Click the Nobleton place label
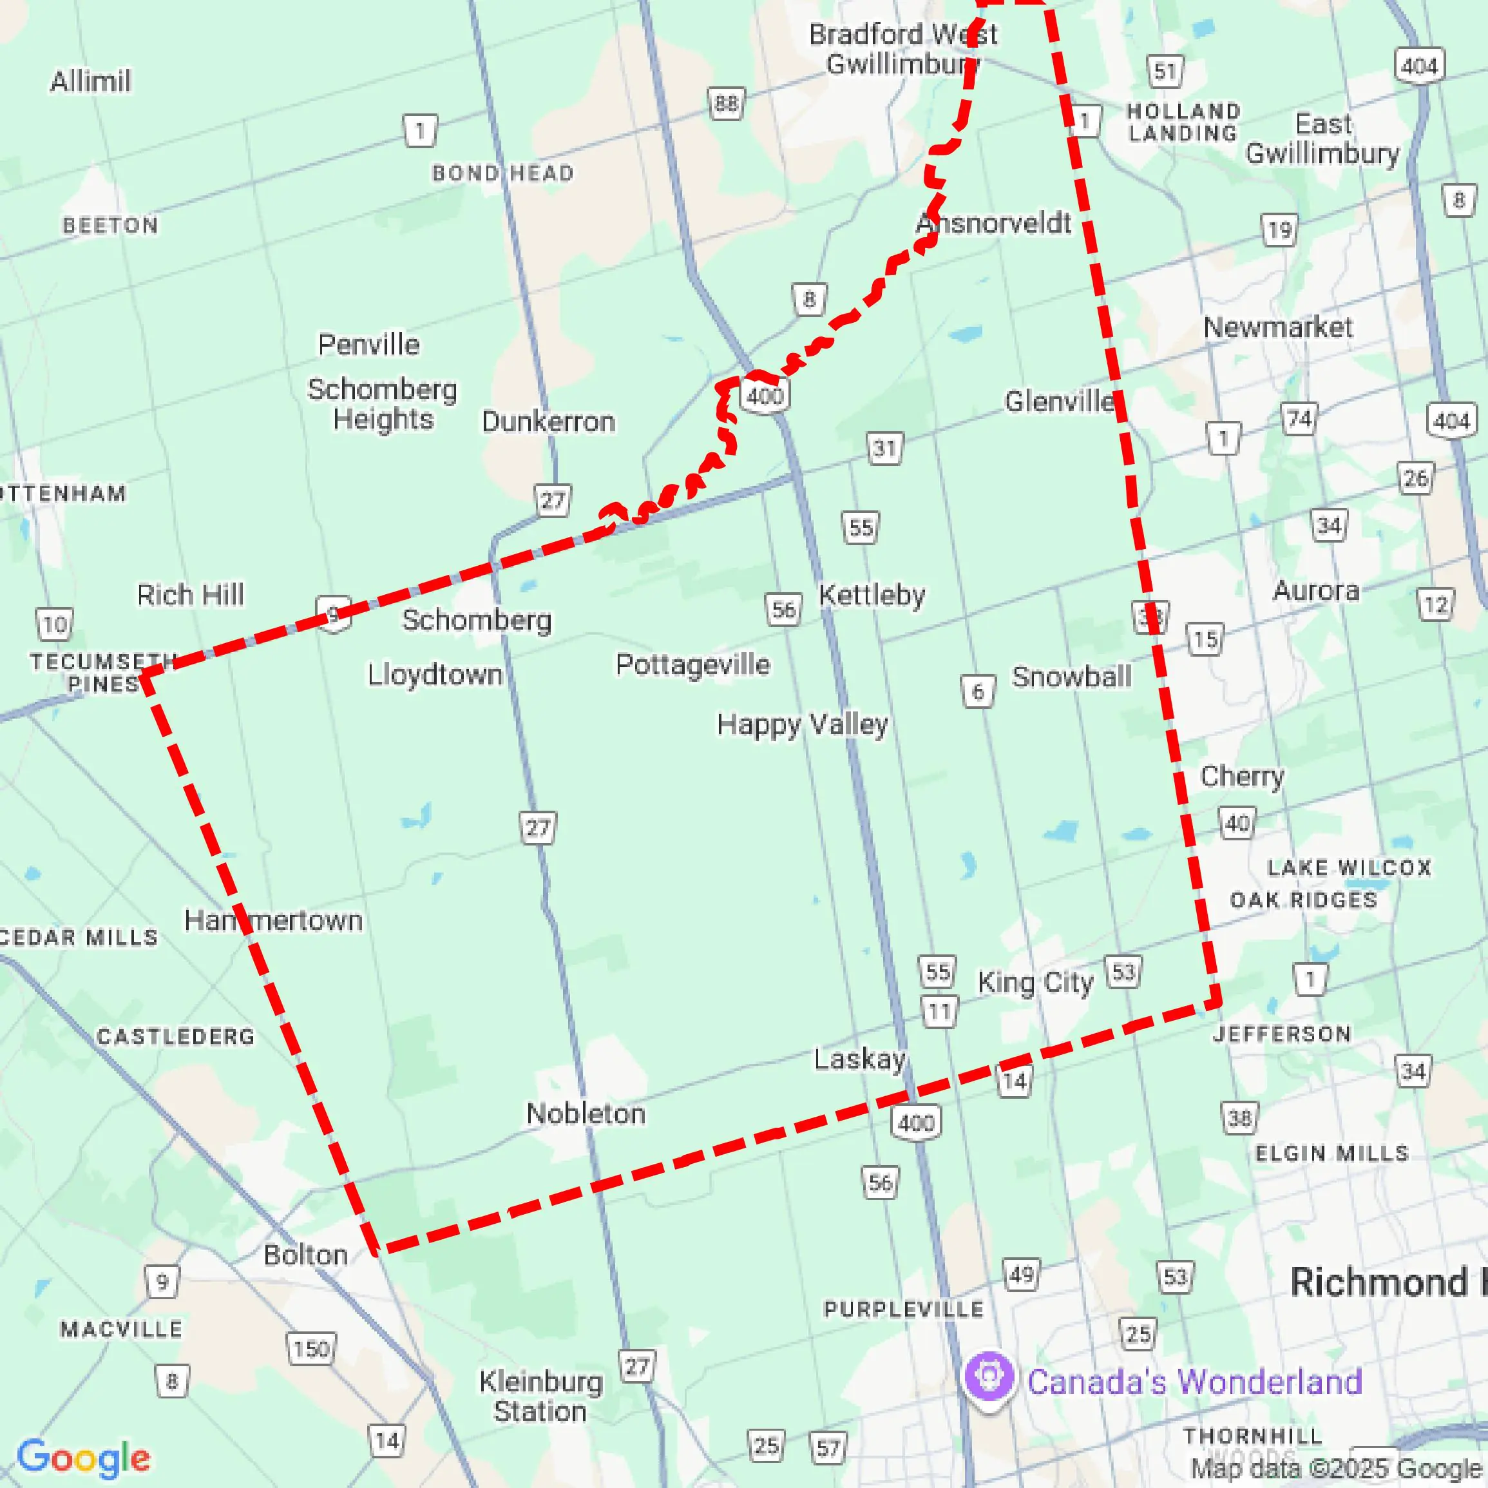click(x=586, y=1114)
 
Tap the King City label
click(x=1035, y=983)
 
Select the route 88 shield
click(x=725, y=103)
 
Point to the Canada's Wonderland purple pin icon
click(x=989, y=1377)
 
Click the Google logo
click(x=83, y=1457)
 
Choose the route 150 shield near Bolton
click(x=311, y=1349)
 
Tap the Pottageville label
click(x=692, y=664)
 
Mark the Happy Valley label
click(x=803, y=724)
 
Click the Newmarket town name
click(x=1277, y=327)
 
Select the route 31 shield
click(x=884, y=448)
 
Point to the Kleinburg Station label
click(x=540, y=1396)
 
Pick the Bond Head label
click(x=502, y=173)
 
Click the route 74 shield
click(x=1299, y=419)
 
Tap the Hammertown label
click(x=273, y=920)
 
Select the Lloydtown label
click(x=434, y=674)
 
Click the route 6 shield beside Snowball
click(x=977, y=691)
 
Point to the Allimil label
click(x=90, y=81)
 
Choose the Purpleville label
click(x=903, y=1309)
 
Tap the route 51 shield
click(x=1165, y=72)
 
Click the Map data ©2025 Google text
click(x=1336, y=1469)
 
